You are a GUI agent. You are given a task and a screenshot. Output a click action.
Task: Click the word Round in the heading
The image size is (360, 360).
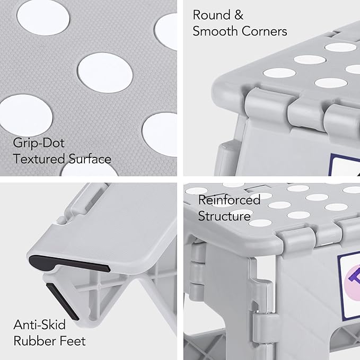pyautogui.click(x=212, y=15)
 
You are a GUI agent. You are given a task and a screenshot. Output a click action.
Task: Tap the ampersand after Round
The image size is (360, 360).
pyautogui.click(x=239, y=15)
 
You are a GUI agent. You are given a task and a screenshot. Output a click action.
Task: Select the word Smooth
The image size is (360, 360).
pyautogui.click(x=215, y=31)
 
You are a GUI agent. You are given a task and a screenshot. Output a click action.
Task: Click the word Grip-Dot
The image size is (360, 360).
pyautogui.click(x=39, y=143)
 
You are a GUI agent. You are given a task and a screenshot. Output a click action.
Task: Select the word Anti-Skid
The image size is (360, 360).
pyautogui.click(x=39, y=324)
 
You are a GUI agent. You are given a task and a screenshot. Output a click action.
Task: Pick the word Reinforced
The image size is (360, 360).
pyautogui.click(x=230, y=200)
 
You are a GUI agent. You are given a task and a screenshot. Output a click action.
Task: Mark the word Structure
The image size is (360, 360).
pyautogui.click(x=224, y=216)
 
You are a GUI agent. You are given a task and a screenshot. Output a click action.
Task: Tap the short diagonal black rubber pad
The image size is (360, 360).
pyautogui.click(x=63, y=302)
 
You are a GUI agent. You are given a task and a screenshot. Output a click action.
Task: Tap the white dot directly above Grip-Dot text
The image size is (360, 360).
pyautogui.click(x=26, y=115)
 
